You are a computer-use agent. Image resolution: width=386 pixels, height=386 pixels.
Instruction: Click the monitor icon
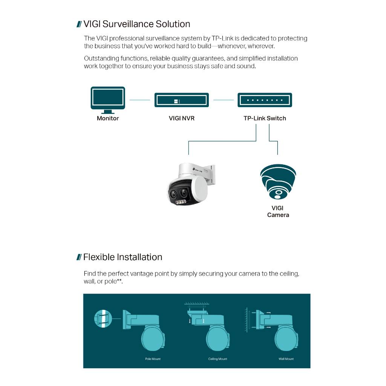[x=108, y=100]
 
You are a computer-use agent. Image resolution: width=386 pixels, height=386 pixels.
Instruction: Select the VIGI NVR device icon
[x=182, y=100]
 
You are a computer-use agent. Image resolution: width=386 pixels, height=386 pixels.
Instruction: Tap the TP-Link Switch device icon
[x=265, y=100]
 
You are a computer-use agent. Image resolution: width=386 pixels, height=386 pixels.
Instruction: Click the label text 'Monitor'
[x=108, y=118]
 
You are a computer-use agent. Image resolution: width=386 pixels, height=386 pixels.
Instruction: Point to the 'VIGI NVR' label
[x=182, y=118]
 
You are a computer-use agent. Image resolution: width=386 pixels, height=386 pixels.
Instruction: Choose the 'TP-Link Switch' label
[x=265, y=118]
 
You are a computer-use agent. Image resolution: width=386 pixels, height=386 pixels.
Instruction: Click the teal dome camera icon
[x=278, y=182]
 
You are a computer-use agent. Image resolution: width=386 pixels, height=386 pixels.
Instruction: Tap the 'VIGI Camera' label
[x=278, y=211]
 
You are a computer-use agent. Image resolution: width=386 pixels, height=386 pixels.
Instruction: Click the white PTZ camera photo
[x=191, y=184]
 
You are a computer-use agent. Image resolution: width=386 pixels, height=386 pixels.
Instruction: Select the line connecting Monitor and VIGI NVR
[x=139, y=100]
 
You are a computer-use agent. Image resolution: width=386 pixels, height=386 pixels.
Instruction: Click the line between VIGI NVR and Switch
[x=223, y=100]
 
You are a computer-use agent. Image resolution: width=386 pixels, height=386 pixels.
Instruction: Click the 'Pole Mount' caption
[x=153, y=359]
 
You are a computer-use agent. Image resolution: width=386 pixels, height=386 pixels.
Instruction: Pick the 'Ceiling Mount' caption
[x=218, y=359]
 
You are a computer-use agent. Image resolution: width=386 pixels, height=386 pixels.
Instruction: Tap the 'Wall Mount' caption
[x=286, y=359]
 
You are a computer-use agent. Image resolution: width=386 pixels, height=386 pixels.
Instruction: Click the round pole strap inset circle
[x=103, y=319]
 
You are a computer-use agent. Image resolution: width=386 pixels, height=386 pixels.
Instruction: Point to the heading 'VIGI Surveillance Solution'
[x=136, y=24]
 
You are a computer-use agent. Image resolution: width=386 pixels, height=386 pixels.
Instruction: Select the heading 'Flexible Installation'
[x=123, y=257]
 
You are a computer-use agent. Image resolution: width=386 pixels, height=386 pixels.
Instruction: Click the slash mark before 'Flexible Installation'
[x=79, y=257]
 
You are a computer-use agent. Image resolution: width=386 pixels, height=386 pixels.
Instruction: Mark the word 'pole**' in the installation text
[x=113, y=281]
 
